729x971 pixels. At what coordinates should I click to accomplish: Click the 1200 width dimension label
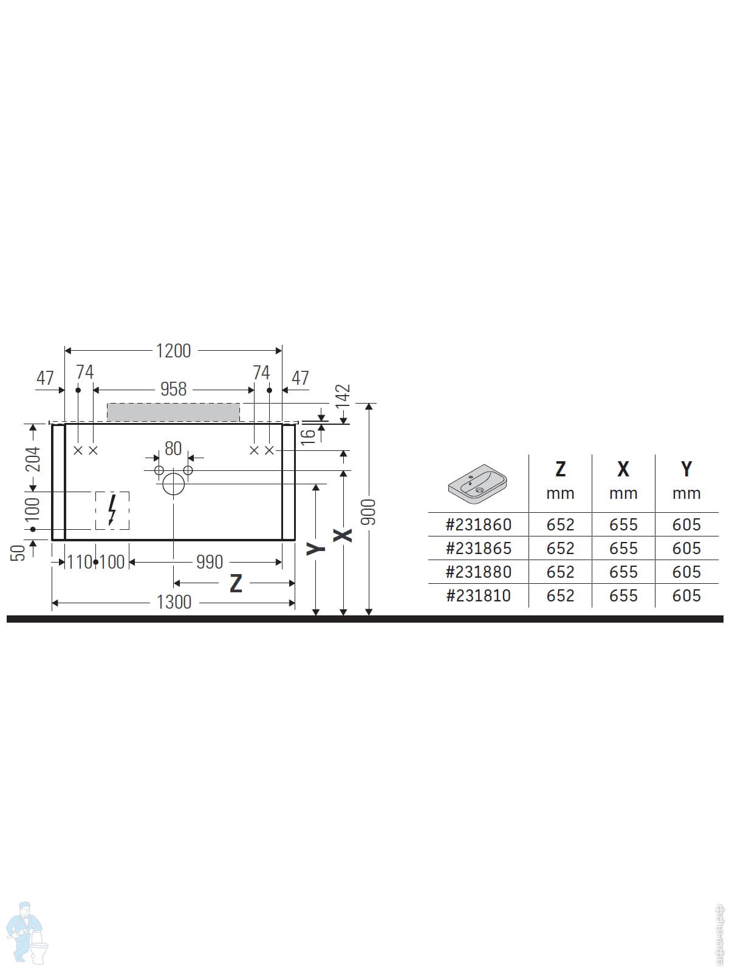click(173, 351)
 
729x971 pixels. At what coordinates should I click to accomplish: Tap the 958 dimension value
click(173, 389)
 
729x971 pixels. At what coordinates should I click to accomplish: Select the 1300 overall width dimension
click(174, 602)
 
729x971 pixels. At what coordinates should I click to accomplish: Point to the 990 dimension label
click(210, 562)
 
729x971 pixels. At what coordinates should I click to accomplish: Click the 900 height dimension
click(368, 512)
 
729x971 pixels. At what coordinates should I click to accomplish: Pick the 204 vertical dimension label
click(33, 459)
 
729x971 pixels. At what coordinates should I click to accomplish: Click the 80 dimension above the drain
click(173, 448)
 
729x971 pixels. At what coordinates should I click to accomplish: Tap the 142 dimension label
click(343, 398)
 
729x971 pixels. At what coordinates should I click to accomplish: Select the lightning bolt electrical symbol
click(112, 510)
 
